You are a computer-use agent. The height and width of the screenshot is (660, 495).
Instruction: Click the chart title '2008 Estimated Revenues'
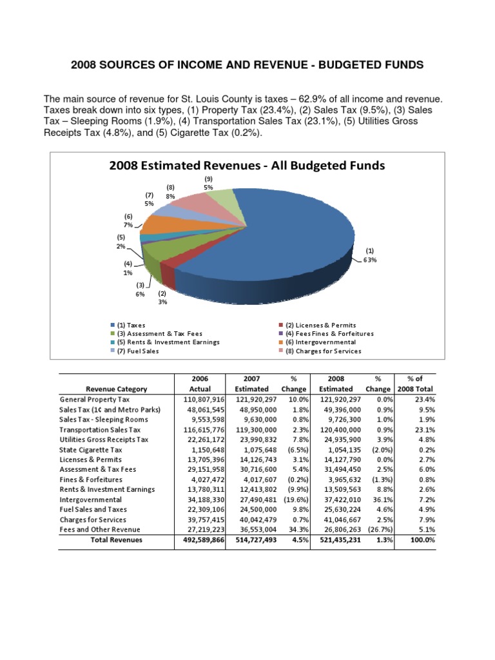pos(247,166)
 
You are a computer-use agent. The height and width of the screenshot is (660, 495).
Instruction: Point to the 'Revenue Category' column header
pos(117,389)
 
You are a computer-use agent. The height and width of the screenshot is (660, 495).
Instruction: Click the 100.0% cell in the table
pos(421,539)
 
